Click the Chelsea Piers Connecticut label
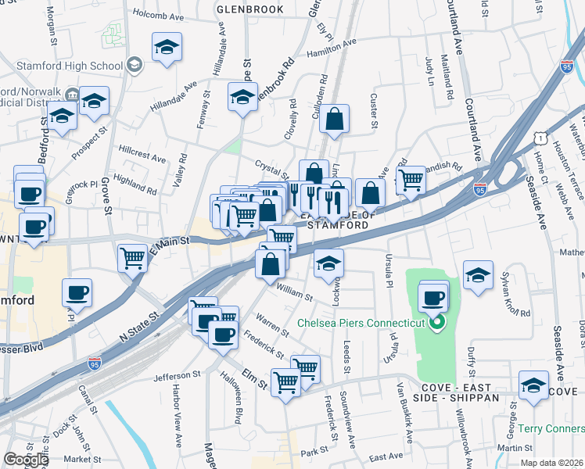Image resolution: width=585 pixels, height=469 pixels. click(x=361, y=323)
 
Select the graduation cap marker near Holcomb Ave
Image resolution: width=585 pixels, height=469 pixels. click(x=167, y=48)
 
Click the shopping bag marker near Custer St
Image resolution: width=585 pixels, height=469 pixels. click(x=334, y=120)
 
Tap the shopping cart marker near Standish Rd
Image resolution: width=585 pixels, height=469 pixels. click(x=411, y=181)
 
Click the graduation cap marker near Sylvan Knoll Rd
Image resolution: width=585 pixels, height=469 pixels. click(x=478, y=276)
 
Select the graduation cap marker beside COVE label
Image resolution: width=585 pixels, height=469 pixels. click(x=534, y=386)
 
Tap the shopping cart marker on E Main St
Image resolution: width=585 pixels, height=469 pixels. click(x=134, y=257)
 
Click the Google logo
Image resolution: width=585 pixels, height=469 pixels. click(x=26, y=460)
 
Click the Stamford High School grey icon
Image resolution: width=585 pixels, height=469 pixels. click(x=134, y=64)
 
